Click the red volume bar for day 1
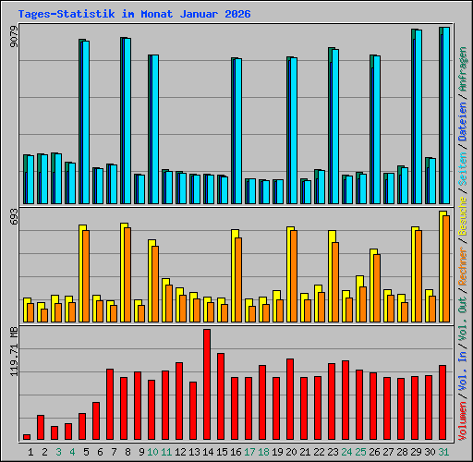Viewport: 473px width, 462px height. (x=27, y=437)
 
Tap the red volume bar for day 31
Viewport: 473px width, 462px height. (x=443, y=403)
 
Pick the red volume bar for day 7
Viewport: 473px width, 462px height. (x=110, y=405)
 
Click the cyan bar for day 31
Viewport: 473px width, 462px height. (x=445, y=115)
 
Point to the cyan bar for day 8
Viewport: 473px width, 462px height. (x=127, y=121)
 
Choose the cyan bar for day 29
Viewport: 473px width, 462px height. (x=418, y=116)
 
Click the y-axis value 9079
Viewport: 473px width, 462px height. (x=14, y=37)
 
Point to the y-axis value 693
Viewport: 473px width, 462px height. (x=14, y=219)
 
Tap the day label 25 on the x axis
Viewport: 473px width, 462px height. (x=359, y=452)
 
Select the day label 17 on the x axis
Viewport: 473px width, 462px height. (x=249, y=452)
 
